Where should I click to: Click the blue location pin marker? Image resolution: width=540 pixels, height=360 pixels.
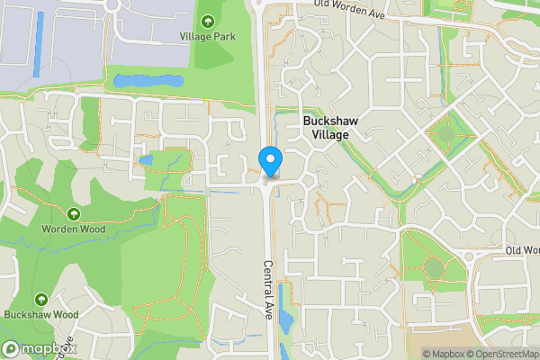tap(270, 162)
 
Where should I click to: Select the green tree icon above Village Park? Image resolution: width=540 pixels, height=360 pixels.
tap(209, 22)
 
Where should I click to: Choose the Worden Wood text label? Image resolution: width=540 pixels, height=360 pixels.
tap(74, 229)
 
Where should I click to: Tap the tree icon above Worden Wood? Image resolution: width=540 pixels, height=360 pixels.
tap(74, 214)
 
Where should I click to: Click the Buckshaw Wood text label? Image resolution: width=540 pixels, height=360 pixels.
tap(41, 315)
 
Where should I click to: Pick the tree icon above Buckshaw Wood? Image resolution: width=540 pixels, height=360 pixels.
tap(41, 299)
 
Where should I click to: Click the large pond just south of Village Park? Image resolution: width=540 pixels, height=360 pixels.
tap(147, 82)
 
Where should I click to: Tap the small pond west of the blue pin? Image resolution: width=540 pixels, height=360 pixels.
tap(147, 160)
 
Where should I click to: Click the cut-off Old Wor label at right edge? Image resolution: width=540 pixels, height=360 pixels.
tap(522, 250)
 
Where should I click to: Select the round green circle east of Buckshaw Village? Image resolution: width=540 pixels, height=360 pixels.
tap(447, 135)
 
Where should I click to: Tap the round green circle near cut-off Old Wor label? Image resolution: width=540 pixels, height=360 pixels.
tap(435, 267)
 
